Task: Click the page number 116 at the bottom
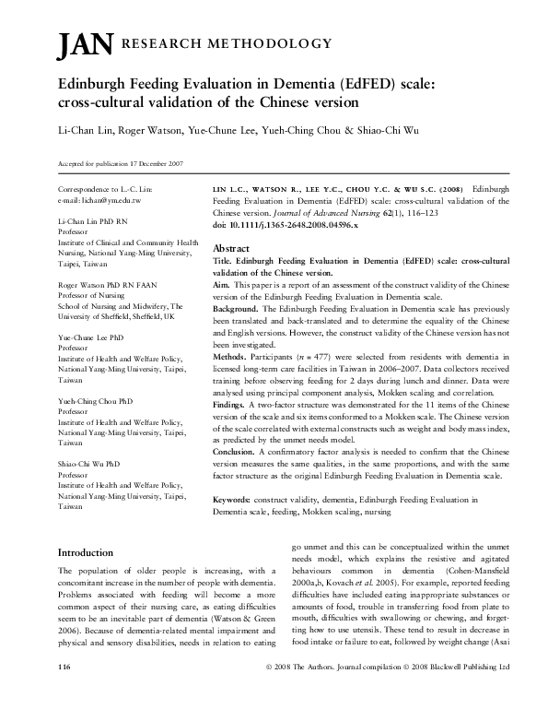tap(64, 691)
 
